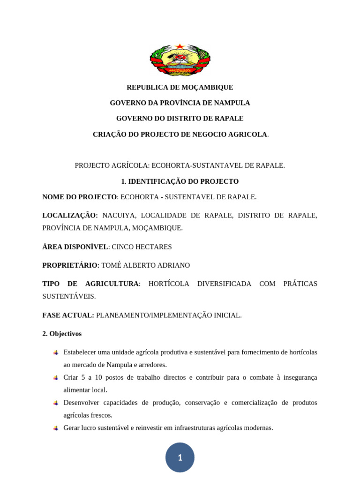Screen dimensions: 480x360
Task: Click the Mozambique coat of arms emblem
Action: tap(180, 60)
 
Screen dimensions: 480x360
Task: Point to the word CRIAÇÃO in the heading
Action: tap(109, 135)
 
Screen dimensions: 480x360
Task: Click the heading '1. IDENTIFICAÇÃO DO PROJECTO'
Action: tap(180, 181)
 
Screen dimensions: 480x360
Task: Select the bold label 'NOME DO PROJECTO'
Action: tap(79, 197)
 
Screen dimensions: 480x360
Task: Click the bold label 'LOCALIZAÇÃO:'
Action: tap(70, 216)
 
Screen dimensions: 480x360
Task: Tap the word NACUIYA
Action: tap(119, 216)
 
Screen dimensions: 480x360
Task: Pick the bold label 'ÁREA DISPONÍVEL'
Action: tap(75, 247)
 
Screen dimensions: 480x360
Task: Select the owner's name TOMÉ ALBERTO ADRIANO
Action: tap(145, 265)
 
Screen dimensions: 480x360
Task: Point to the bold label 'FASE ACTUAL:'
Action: tap(68, 315)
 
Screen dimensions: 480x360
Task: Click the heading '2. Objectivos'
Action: tap(62, 334)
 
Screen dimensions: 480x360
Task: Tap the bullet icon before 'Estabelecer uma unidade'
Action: tap(56, 352)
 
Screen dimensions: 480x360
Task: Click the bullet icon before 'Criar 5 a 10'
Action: tap(56, 378)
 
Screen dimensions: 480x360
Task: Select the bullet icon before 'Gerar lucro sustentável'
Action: tap(56, 428)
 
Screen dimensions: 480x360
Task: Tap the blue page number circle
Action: tap(180, 457)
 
